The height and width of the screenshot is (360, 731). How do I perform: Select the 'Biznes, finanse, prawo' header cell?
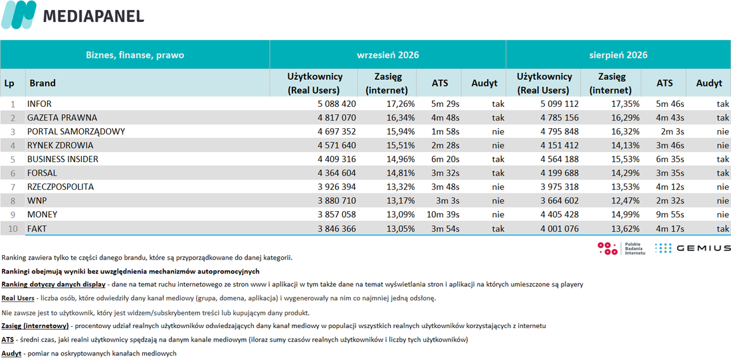tap(135, 55)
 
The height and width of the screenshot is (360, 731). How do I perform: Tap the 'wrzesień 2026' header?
tap(388, 55)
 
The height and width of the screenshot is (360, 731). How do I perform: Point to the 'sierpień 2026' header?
tap(618, 55)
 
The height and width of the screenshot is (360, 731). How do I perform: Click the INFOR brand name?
tap(40, 104)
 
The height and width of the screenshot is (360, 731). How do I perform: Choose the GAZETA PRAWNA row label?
tap(62, 118)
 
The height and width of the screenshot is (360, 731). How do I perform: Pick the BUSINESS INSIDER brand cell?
tap(62, 159)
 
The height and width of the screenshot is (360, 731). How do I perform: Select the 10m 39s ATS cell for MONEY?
tap(443, 215)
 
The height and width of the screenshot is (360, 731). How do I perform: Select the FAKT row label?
tap(37, 229)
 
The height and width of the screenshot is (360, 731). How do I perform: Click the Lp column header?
tap(9, 84)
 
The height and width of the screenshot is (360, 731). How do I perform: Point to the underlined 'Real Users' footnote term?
tap(18, 298)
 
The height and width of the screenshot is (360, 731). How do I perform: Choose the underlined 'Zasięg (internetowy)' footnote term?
tap(35, 325)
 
